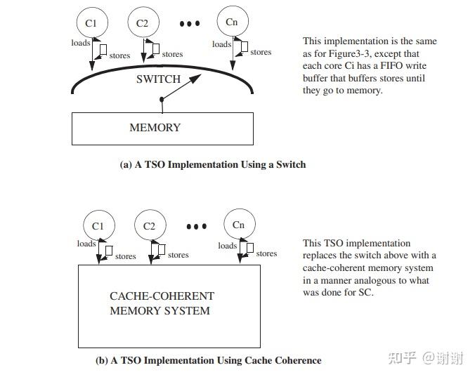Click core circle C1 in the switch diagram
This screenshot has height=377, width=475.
point(91,23)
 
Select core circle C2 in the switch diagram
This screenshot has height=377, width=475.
point(142,23)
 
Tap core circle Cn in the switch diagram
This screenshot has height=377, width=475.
point(231,22)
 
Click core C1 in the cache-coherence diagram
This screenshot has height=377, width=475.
point(98,226)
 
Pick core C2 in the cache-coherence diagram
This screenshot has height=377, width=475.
point(149,226)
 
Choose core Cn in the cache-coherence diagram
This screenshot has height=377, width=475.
point(238,225)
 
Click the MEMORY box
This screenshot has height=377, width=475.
point(162,128)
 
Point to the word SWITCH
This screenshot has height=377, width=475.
point(158,79)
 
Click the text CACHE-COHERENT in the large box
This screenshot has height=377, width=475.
point(162,296)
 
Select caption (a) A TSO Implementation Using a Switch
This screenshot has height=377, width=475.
point(213,164)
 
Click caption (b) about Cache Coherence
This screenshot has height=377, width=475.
point(208,360)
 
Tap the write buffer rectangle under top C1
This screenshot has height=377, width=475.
point(103,50)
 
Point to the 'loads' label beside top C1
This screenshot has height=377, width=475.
point(80,43)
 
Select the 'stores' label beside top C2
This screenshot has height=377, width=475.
point(172,54)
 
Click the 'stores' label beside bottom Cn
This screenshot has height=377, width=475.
point(266,253)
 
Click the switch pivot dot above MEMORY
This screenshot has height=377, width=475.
point(162,100)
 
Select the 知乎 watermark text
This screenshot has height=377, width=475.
point(401,358)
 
